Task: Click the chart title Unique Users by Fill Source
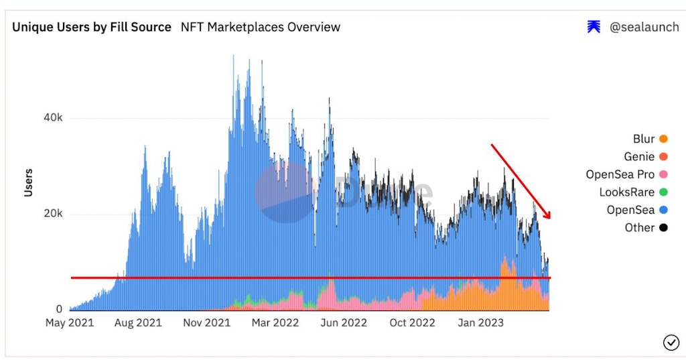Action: tap(92, 27)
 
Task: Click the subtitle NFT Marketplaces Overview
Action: tap(261, 27)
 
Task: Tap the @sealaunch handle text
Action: tap(643, 27)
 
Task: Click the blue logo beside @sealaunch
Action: tap(594, 27)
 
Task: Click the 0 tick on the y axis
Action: tap(59, 310)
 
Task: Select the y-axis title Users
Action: tap(28, 182)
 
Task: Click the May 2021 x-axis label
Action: tap(70, 323)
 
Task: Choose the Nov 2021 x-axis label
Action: tap(206, 323)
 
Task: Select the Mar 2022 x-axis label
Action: tap(275, 323)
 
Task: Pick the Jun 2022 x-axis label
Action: tap(344, 323)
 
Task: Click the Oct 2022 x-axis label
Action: tap(412, 323)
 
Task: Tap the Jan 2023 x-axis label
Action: tap(476, 323)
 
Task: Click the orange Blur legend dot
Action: tap(663, 139)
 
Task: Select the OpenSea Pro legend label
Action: tap(620, 175)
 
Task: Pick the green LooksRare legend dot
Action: tap(663, 192)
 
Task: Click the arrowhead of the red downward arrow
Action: tap(548, 215)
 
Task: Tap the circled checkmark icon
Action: tap(671, 343)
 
